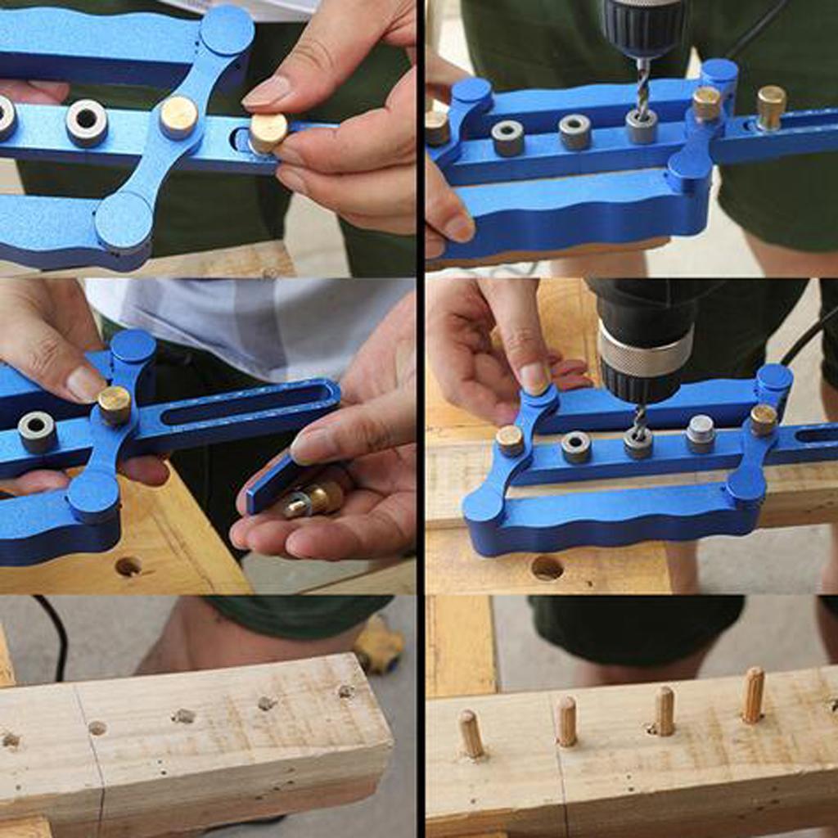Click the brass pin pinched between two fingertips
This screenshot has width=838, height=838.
pyautogui.click(x=268, y=132)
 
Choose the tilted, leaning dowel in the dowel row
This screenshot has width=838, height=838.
pyautogui.click(x=470, y=732)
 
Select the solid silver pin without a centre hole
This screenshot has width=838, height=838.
pyautogui.click(x=700, y=433)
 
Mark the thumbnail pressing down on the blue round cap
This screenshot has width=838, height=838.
pyautogui.click(x=534, y=378)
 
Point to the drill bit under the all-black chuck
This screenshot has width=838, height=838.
pyautogui.click(x=642, y=90)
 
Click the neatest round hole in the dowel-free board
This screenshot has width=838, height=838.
pyautogui.click(x=97, y=728)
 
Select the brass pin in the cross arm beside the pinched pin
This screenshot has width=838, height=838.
pyautogui.click(x=178, y=116)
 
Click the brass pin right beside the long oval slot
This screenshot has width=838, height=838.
pyautogui.click(x=115, y=404)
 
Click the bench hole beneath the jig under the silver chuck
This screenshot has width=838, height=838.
pyautogui.click(x=547, y=567)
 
